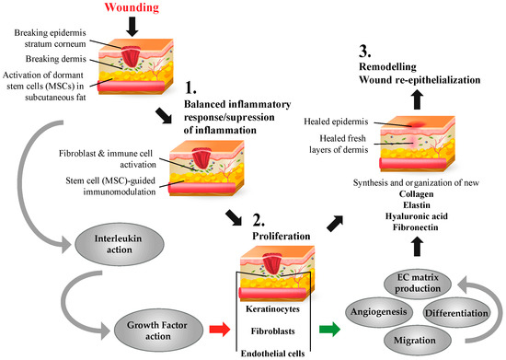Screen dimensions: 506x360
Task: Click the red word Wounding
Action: coord(132,7)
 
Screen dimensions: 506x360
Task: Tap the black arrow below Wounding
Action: coord(132,27)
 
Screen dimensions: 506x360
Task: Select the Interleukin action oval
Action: coord(120,244)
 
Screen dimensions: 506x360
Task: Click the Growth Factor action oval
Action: coord(158,331)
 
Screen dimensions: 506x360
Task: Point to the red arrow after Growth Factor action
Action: coord(220,330)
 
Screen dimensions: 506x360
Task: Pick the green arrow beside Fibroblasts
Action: coord(329,330)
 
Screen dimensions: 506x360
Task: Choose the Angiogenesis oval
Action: coord(378,312)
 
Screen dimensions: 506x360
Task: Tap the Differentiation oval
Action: coord(456,313)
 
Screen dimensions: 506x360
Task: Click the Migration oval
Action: coord(415,341)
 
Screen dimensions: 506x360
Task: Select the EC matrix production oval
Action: coord(418,283)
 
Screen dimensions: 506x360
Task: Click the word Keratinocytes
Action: coord(272,309)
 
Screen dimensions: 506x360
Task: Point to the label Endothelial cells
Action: coord(272,354)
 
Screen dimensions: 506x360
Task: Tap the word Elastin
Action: coord(416,205)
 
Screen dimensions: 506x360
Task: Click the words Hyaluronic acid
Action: coord(416,216)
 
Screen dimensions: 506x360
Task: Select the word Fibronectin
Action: coord(416,227)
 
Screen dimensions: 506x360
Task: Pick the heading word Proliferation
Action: coord(282,236)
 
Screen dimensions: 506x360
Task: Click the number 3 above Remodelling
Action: coord(364,52)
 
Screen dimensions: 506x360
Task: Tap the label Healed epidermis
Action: coord(336,122)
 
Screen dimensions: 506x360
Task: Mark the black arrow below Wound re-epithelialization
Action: coord(418,99)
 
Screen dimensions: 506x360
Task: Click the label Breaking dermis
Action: coord(56,59)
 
